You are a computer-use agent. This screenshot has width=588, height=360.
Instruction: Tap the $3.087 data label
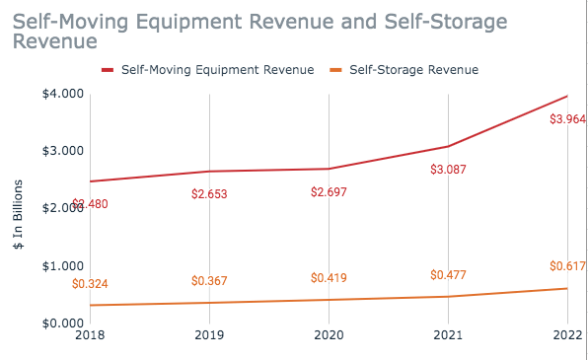pos(449,170)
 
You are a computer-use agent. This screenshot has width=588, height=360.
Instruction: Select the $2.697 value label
pos(330,191)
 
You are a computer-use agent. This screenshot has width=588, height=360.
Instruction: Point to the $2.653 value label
pos(209,193)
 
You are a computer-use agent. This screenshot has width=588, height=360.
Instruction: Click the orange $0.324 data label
pos(91,284)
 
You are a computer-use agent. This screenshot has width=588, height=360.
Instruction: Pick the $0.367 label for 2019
pos(209,281)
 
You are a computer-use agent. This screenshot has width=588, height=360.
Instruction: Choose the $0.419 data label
pos(330,277)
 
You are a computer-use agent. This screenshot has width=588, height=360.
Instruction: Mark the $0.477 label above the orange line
pos(449,274)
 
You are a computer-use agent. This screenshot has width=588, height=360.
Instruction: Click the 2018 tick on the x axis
pos(90,335)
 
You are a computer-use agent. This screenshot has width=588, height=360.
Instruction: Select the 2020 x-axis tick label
pos(330,335)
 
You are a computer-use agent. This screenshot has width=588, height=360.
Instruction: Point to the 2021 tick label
pos(449,335)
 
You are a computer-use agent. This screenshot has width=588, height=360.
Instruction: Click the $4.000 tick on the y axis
pos(61,94)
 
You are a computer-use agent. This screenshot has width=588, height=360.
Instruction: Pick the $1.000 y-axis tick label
pos(61,266)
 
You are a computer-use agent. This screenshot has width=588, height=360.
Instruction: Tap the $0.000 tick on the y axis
pos(61,324)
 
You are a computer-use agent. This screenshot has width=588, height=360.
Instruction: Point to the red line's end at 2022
pos(567,96)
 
